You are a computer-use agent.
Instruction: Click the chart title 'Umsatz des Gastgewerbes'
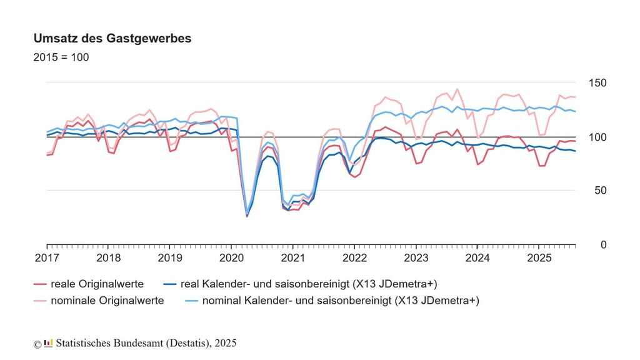click(112, 39)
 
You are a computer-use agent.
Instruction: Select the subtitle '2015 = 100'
click(61, 57)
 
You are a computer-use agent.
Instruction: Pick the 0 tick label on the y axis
click(603, 245)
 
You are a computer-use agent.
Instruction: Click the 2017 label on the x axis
click(47, 257)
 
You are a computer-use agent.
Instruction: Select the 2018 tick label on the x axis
click(109, 257)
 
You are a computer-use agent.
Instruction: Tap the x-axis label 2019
click(170, 257)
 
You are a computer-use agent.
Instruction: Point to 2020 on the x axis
click(231, 257)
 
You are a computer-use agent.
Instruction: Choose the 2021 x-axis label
click(292, 257)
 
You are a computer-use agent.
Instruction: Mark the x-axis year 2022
click(354, 257)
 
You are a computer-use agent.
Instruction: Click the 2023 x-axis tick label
click(416, 257)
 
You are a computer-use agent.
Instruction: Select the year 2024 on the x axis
click(477, 257)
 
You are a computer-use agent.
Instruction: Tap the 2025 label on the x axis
click(539, 257)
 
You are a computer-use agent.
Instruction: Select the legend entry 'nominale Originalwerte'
click(107, 301)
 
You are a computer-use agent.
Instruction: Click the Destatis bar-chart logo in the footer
click(48, 343)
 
